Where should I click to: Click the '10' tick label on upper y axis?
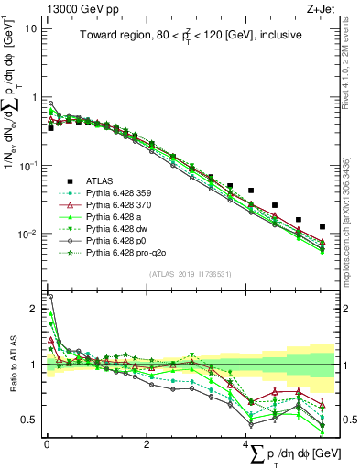pos(29,28)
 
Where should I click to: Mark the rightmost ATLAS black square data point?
pos(322,226)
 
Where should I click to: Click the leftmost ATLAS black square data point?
pos(50,128)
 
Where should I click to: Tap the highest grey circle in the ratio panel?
pos(50,297)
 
